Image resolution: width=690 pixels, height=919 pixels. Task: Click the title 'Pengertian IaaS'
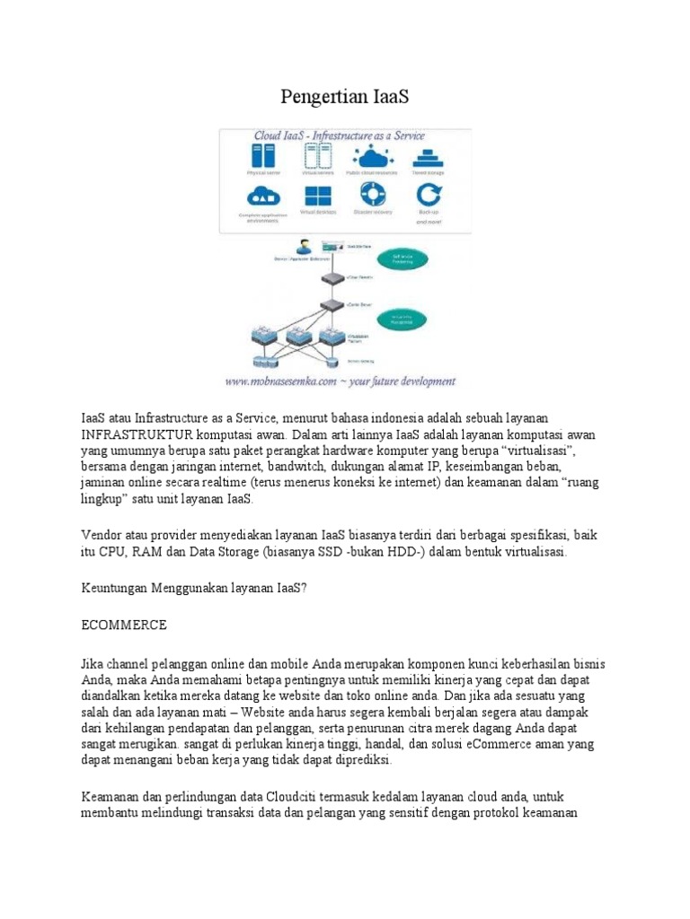coord(345,97)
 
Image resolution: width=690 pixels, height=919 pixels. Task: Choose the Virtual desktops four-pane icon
coord(316,197)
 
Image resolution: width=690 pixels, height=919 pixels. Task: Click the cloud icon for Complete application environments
coord(261,195)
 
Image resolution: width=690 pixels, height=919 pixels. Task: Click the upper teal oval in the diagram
coord(415,257)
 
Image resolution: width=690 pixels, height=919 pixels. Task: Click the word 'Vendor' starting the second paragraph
coord(102,535)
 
